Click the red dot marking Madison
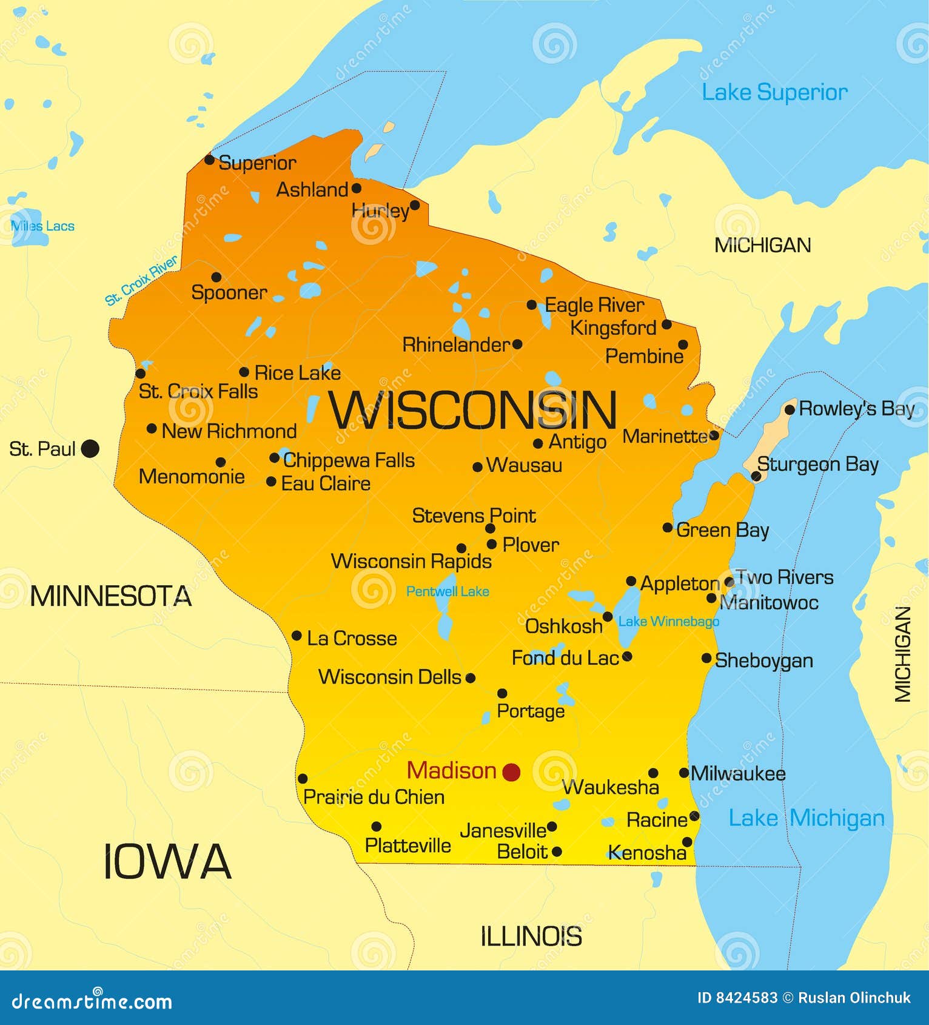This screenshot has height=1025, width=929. (x=511, y=772)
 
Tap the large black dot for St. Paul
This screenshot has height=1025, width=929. (x=90, y=449)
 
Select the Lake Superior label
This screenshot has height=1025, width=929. (x=774, y=93)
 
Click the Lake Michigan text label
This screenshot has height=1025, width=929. (x=806, y=818)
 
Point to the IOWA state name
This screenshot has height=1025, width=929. (x=167, y=862)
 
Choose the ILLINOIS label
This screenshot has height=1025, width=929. (x=531, y=937)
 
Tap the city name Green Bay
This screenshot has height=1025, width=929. (x=722, y=530)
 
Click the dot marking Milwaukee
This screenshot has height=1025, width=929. (x=684, y=773)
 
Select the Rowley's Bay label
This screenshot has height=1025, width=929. (x=856, y=409)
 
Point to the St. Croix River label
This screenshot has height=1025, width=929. (x=141, y=280)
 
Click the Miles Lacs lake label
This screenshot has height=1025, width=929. (x=42, y=226)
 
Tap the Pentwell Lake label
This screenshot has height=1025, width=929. (x=448, y=591)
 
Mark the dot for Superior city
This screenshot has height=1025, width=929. (x=209, y=160)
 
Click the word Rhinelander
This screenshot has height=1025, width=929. (x=456, y=345)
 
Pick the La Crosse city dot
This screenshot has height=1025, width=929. (x=297, y=636)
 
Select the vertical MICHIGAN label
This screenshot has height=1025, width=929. (x=903, y=654)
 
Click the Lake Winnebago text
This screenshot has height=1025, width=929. (x=668, y=622)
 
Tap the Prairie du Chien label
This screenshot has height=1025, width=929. (x=374, y=797)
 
